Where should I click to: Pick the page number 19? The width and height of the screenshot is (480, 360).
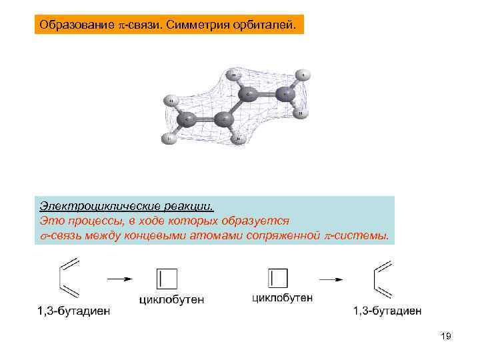(x=445, y=337)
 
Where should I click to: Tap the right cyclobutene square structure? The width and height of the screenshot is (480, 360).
(x=277, y=279)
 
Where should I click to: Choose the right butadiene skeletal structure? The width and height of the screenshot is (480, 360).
(x=382, y=279)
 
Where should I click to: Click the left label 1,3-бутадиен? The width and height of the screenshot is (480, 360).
(x=73, y=311)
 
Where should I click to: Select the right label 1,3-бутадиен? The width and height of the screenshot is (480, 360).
(x=387, y=311)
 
